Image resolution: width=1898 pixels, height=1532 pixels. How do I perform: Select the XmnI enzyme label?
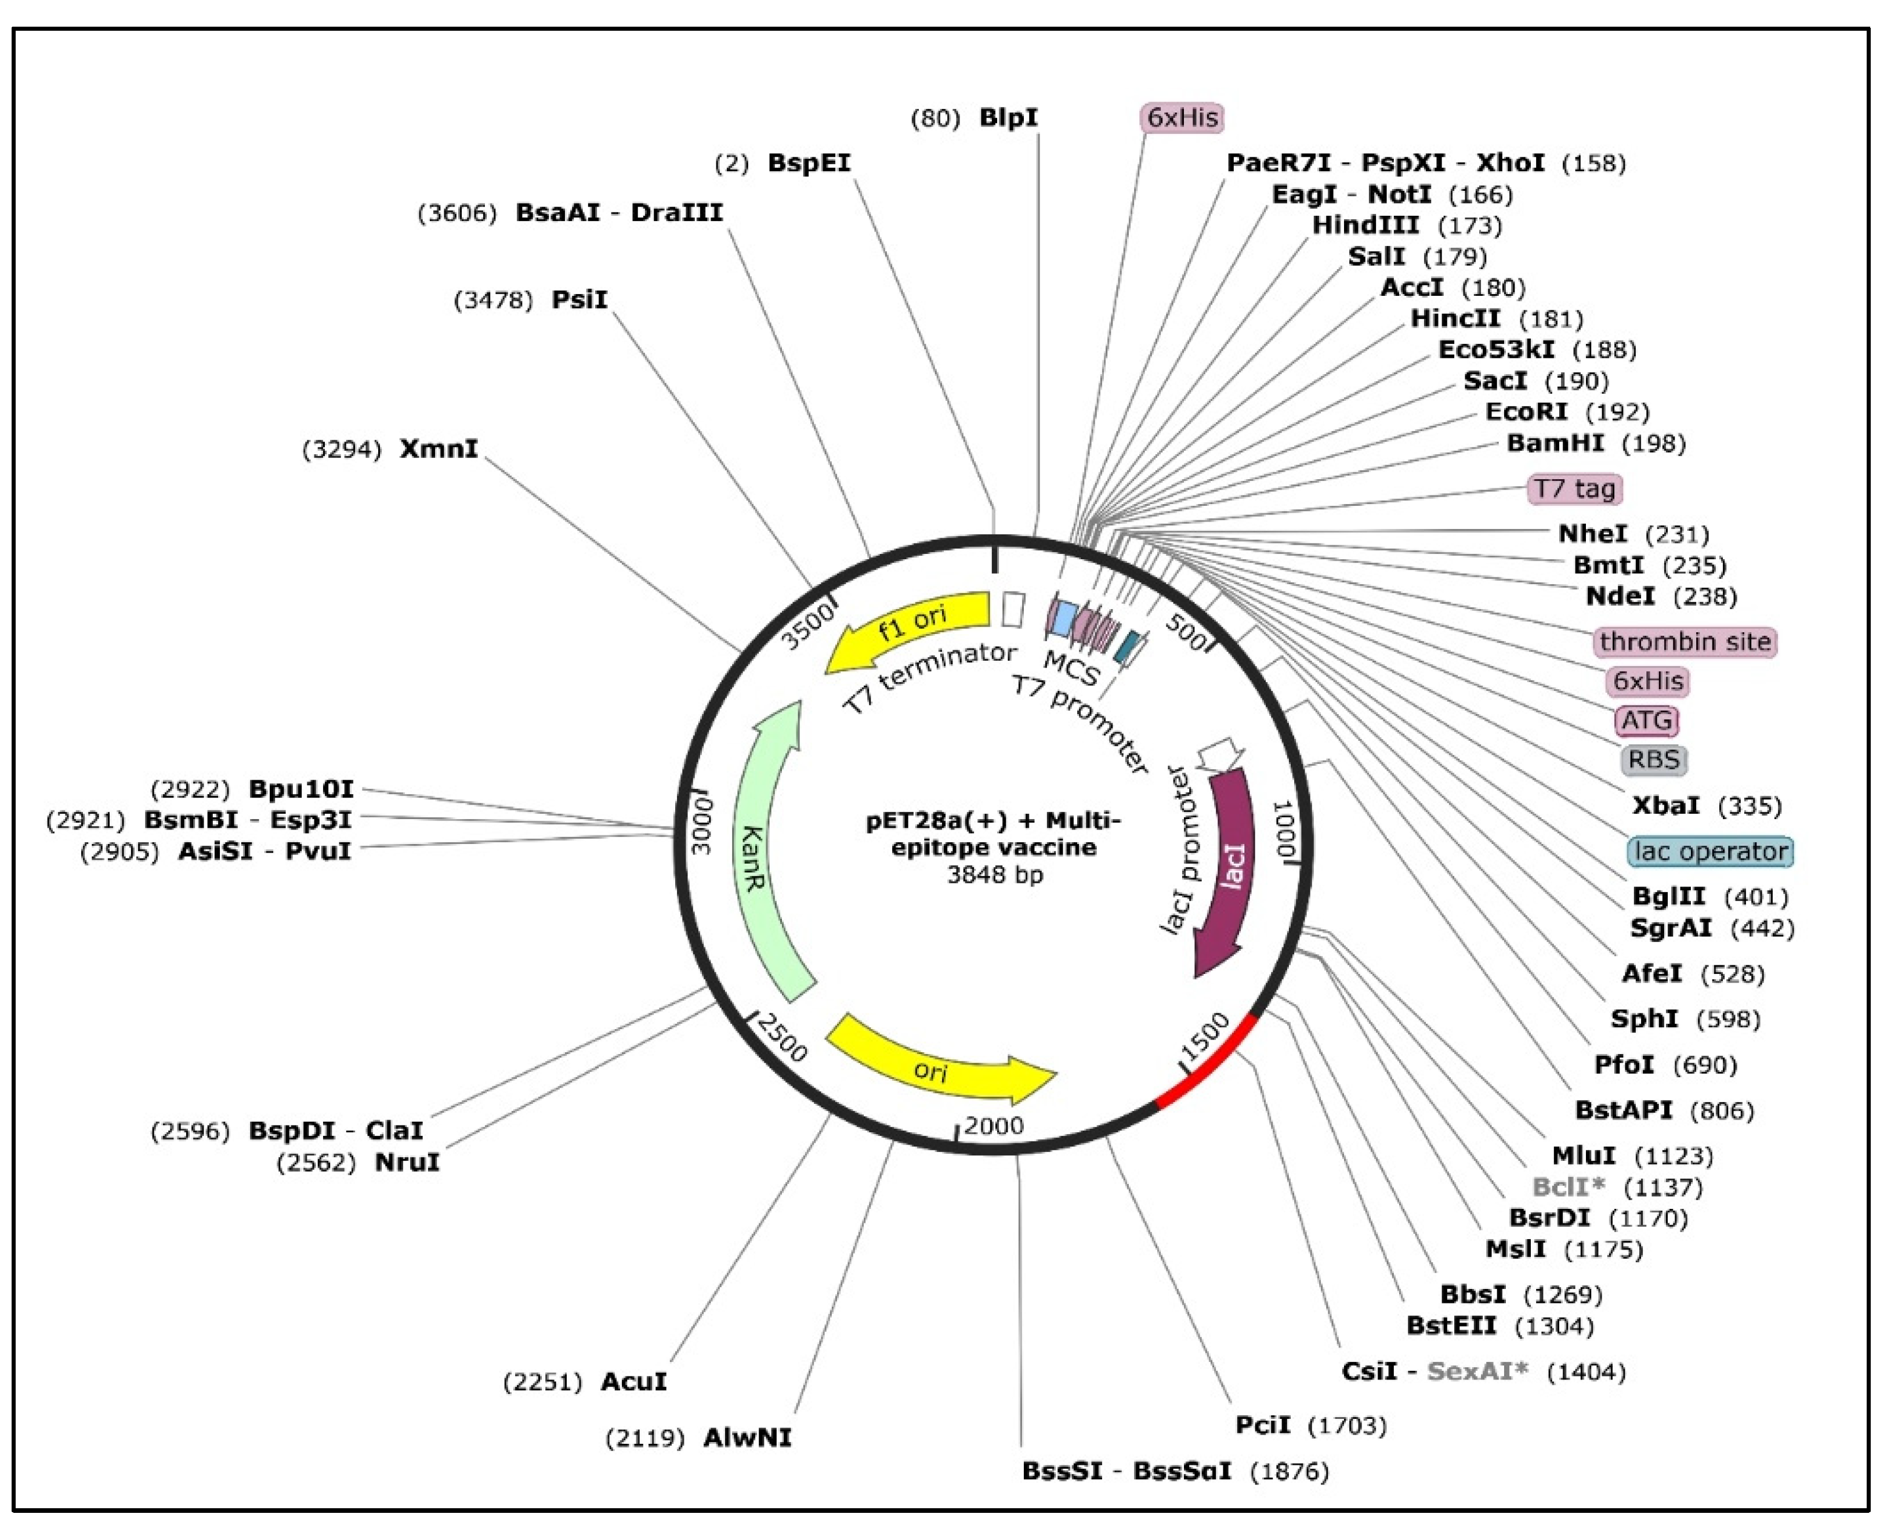[439, 448]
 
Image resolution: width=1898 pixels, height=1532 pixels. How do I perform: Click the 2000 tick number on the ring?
[994, 1126]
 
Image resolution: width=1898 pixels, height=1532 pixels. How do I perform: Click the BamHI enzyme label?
[1555, 443]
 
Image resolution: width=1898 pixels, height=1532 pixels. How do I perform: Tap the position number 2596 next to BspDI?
[190, 1131]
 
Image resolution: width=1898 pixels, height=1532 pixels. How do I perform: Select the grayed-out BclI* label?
[1568, 1187]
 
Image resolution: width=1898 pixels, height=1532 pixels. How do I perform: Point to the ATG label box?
[1646, 720]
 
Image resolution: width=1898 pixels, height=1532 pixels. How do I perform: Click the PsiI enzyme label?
[579, 300]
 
